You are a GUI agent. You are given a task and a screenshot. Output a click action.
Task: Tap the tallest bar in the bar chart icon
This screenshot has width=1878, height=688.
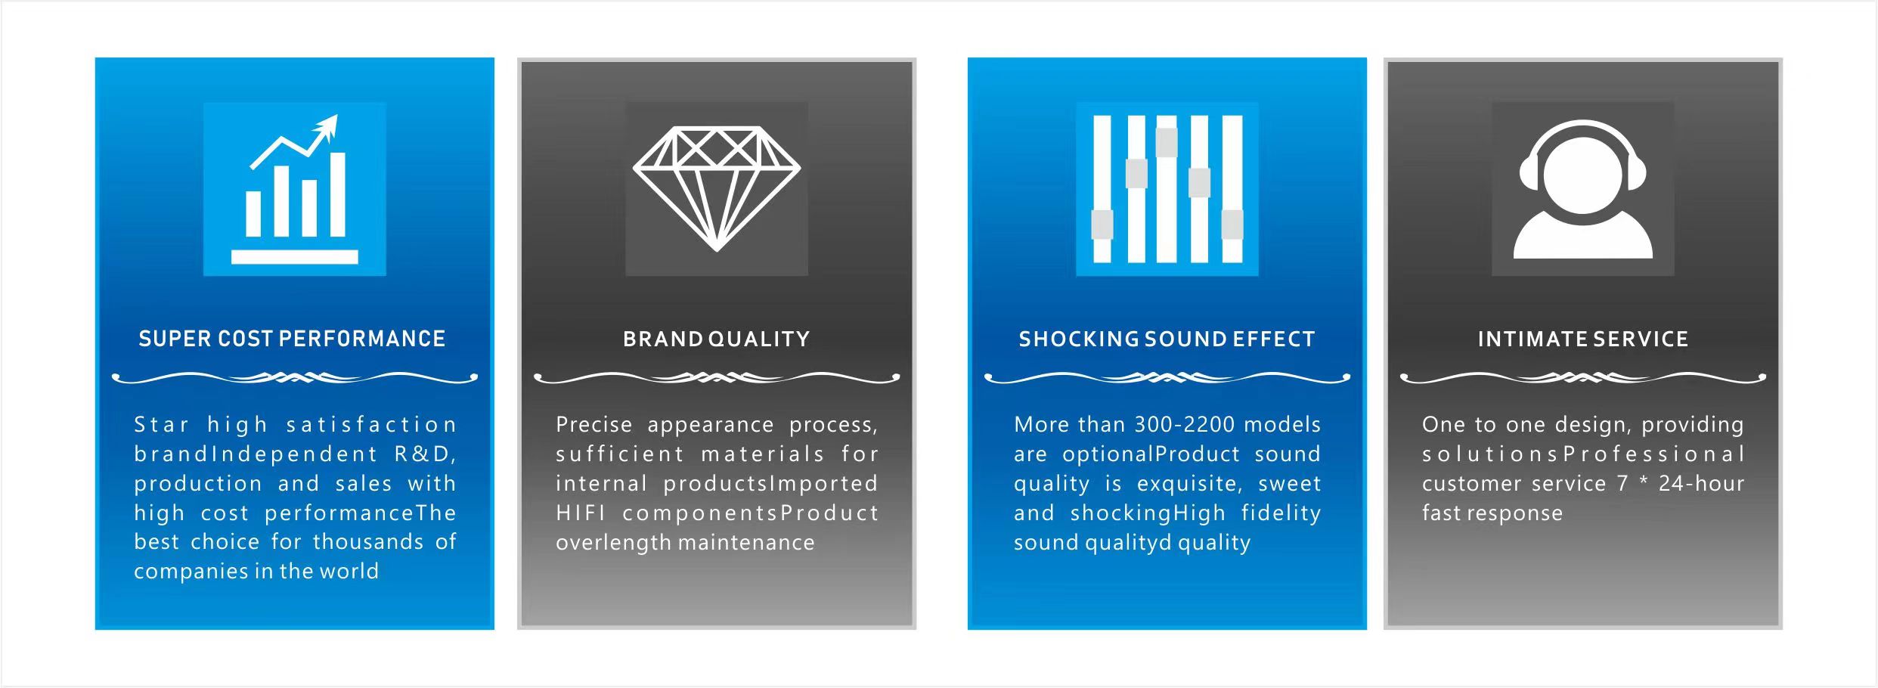pyautogui.click(x=338, y=194)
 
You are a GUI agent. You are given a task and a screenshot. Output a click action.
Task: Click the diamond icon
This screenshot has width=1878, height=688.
pyautogui.click(x=717, y=188)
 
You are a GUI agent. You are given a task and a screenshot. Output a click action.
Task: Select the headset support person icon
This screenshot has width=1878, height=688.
pyautogui.click(x=1582, y=188)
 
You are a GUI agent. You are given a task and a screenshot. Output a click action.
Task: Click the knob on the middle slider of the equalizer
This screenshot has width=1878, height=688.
pyautogui.click(x=1167, y=142)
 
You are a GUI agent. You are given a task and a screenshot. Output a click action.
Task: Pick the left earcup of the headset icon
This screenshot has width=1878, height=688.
pyautogui.click(x=1529, y=173)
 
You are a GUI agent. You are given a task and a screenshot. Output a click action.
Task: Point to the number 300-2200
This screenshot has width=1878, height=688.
pyautogui.click(x=1185, y=424)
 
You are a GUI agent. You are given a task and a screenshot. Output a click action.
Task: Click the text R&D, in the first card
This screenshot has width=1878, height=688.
pyautogui.click(x=426, y=454)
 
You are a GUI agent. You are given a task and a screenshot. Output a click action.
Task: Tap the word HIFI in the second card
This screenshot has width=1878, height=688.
pyautogui.click(x=581, y=513)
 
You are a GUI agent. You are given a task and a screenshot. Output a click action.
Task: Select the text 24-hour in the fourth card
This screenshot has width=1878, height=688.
pyautogui.click(x=1701, y=483)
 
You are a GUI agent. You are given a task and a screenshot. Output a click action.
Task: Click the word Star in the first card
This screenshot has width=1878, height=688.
pyautogui.click(x=161, y=424)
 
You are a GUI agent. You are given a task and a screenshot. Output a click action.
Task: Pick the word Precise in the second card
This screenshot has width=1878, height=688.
pyautogui.click(x=593, y=424)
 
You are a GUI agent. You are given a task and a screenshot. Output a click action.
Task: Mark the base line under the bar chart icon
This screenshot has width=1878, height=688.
pyautogui.click(x=294, y=257)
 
